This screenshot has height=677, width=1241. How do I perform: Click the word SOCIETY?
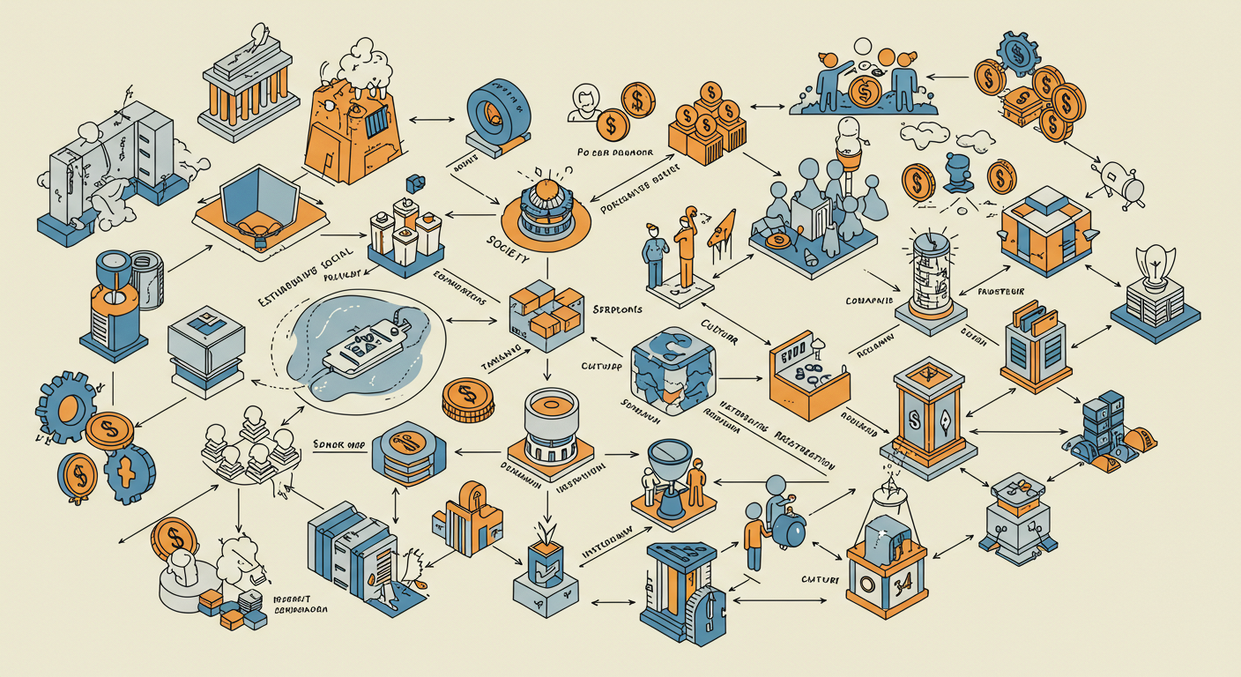[x=508, y=249]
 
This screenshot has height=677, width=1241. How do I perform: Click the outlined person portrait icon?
[x=583, y=103]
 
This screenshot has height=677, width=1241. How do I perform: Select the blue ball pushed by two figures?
[x=788, y=531]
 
